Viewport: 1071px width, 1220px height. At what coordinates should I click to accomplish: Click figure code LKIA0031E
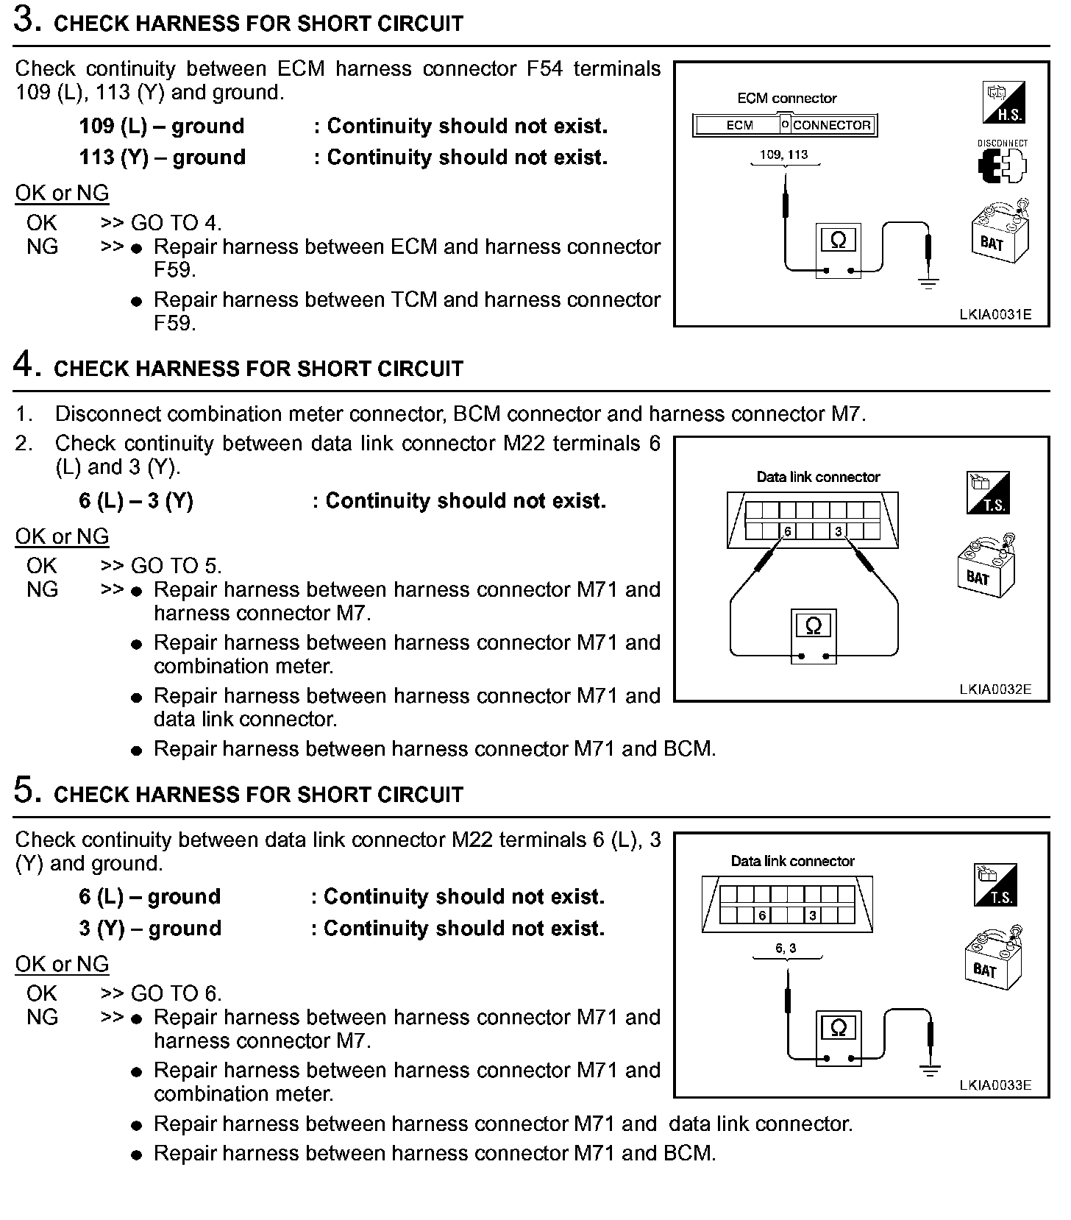click(995, 314)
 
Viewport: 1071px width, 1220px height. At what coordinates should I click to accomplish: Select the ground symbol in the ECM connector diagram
click(929, 283)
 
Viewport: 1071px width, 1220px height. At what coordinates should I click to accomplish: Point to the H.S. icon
click(1003, 102)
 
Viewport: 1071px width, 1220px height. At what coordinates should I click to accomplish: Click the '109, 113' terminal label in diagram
click(784, 155)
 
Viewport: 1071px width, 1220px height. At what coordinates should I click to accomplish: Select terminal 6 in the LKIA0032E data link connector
click(787, 531)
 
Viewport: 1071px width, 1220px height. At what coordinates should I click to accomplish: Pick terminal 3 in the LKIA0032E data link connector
click(838, 531)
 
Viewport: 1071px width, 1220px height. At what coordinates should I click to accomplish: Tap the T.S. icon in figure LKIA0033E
click(995, 885)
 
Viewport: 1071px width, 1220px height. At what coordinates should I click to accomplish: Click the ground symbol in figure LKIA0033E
click(931, 1071)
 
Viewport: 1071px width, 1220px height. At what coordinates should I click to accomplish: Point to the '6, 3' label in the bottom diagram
click(786, 948)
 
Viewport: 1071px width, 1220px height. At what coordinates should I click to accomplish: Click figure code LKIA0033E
click(995, 1085)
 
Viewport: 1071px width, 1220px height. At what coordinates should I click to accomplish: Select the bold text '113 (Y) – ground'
click(163, 157)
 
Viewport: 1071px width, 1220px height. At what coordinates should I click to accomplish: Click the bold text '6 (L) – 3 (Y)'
click(136, 501)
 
